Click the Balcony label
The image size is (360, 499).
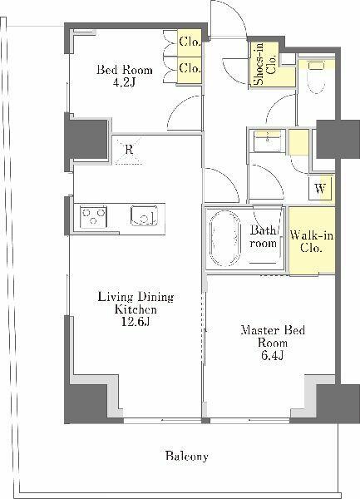pos(187,457)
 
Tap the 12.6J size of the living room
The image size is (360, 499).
pos(136,322)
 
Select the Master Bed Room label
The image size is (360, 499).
pos(273,336)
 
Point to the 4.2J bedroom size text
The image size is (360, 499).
pos(125,82)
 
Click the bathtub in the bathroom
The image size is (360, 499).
pos(224,238)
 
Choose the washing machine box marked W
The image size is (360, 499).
pos(320,189)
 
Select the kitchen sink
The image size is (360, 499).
pos(145,215)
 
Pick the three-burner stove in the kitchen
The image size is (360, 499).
pos(93,217)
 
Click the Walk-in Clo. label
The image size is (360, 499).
pos(312,242)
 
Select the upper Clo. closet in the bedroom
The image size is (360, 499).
pos(190,42)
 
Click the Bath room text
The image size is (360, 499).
pos(263,236)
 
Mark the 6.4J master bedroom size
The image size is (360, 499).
pos(272,355)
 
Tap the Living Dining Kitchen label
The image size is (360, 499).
pos(136,303)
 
